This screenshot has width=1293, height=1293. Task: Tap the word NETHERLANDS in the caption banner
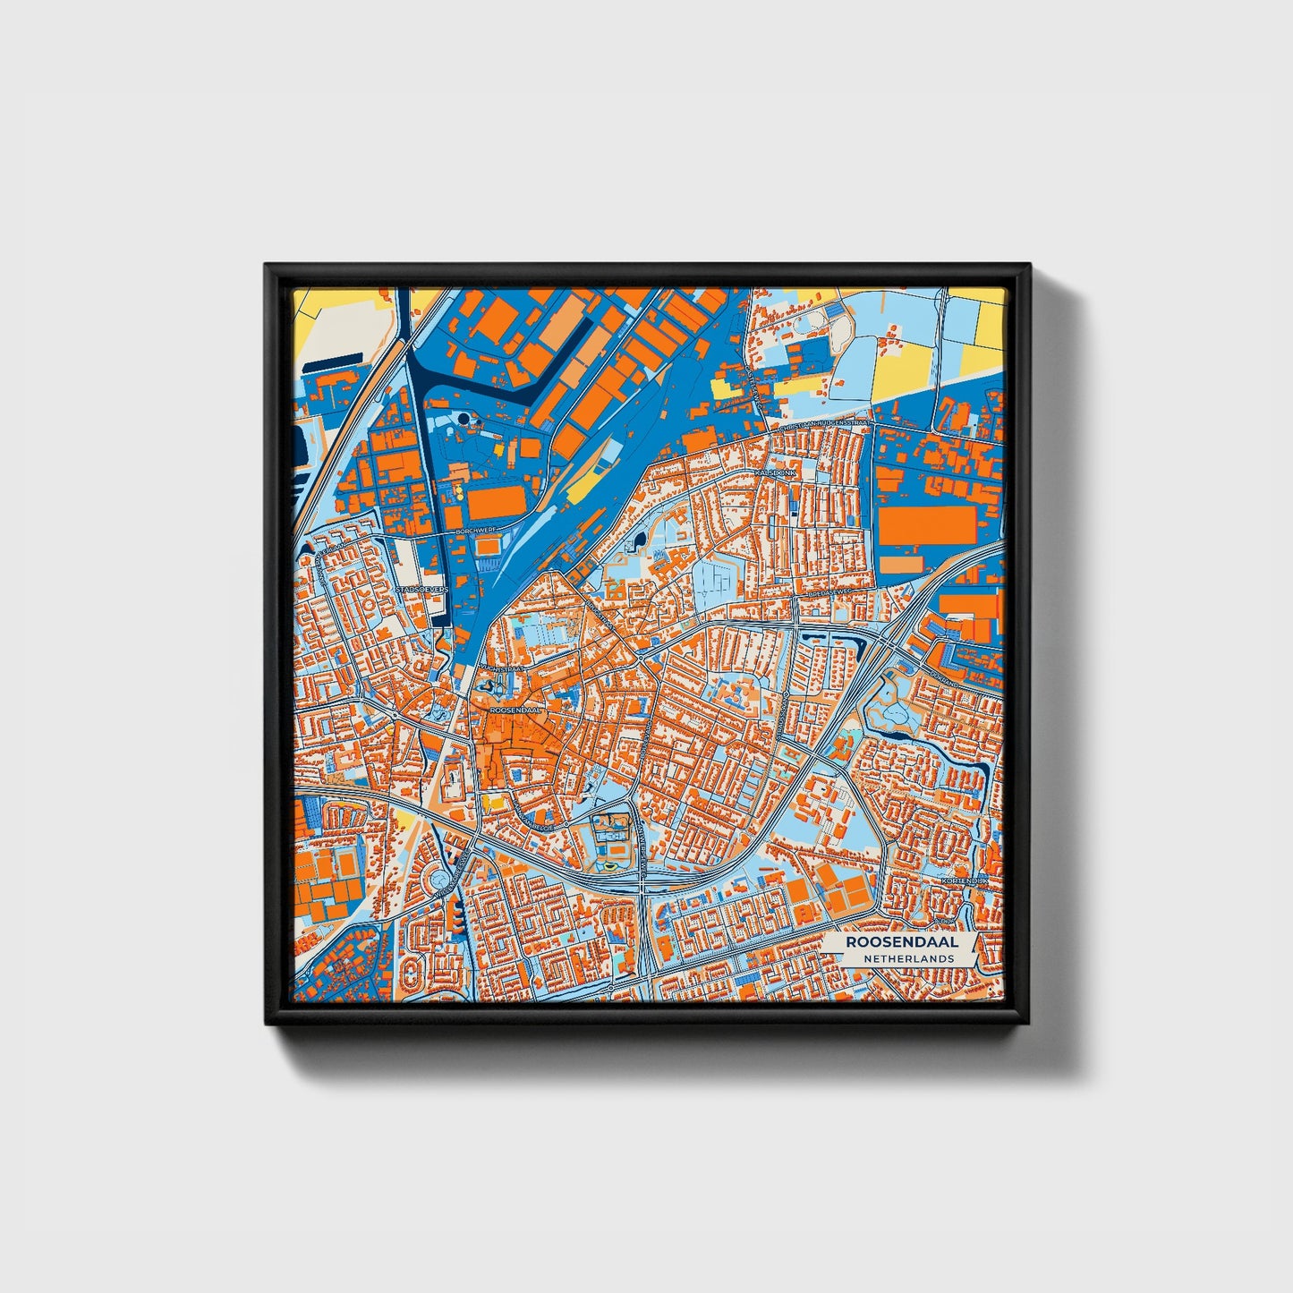click(908, 958)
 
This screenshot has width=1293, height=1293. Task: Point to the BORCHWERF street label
click(473, 531)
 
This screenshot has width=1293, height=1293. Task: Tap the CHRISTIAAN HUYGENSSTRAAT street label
click(822, 428)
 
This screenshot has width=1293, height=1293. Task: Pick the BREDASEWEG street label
click(829, 592)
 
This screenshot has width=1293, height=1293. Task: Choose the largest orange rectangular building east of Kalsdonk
click(921, 526)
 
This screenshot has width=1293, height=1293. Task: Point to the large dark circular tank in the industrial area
click(463, 418)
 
